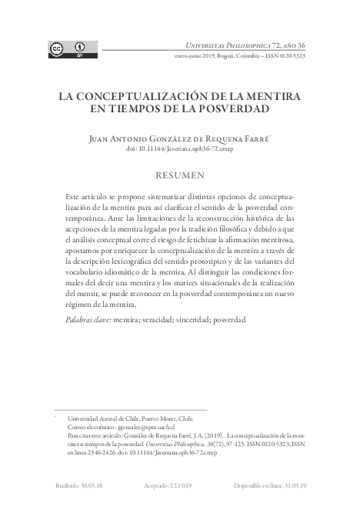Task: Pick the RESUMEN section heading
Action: (x=179, y=175)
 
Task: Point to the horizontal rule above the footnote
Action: (x=130, y=409)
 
